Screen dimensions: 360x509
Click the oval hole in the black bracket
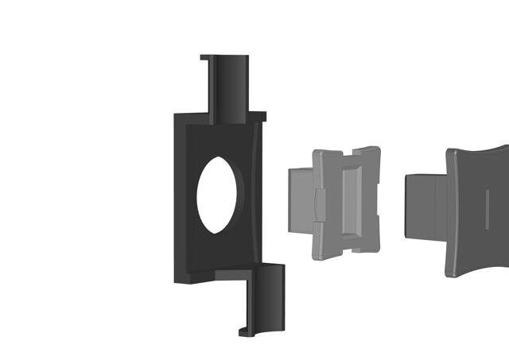point(215,195)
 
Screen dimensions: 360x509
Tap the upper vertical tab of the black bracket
point(230,87)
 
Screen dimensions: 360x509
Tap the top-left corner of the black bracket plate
point(177,114)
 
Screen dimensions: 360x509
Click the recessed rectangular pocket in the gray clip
point(350,203)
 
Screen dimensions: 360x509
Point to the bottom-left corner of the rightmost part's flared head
point(450,272)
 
